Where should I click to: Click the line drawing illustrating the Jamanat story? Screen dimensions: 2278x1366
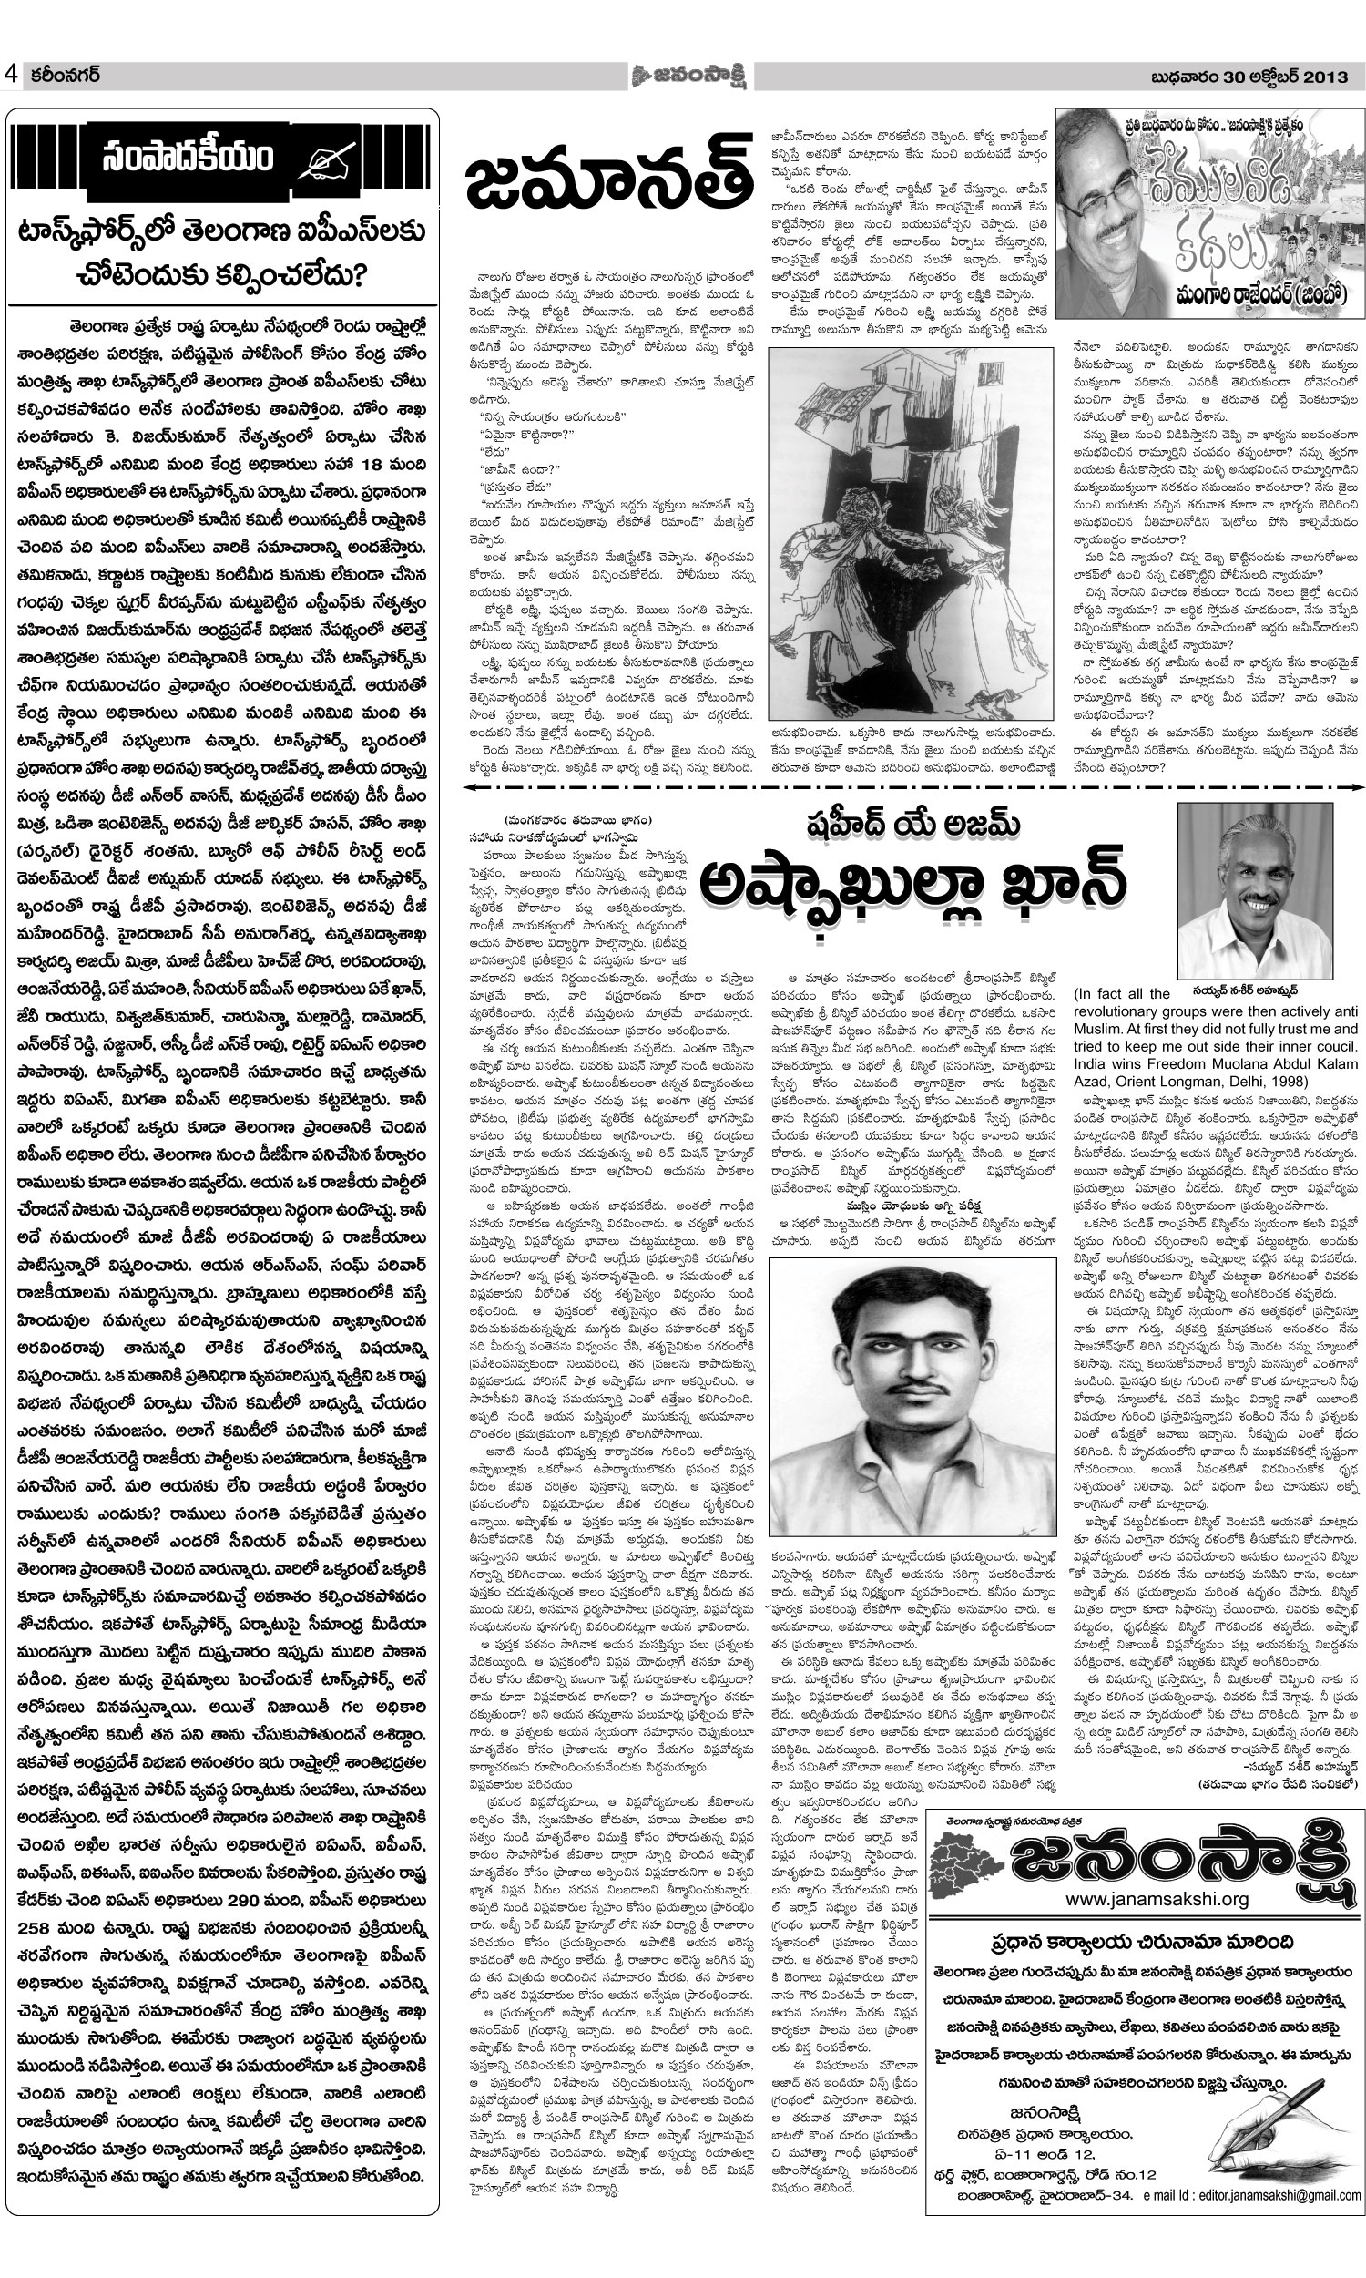[911, 524]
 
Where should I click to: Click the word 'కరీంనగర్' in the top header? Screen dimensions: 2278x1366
[64, 76]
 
